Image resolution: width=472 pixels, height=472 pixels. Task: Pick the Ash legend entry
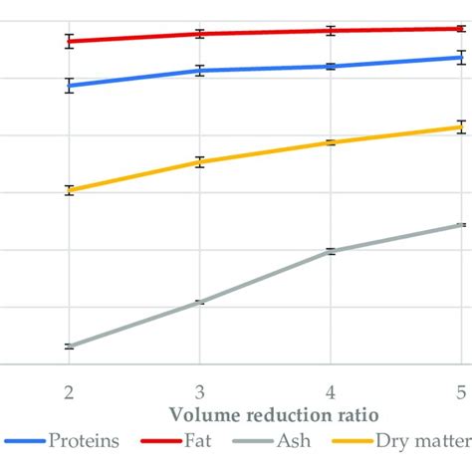(299, 441)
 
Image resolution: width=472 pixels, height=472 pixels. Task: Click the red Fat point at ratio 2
(69, 41)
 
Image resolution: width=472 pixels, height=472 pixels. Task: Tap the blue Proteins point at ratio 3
(200, 71)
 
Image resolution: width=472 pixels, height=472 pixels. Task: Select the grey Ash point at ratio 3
(200, 302)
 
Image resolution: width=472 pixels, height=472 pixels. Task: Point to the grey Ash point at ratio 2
(69, 347)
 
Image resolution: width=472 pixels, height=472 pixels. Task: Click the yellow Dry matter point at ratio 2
(69, 190)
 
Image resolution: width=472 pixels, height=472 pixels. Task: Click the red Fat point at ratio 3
(200, 34)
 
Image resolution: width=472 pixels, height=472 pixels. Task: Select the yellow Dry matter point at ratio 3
(200, 161)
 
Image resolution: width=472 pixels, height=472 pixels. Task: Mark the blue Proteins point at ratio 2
(69, 86)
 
